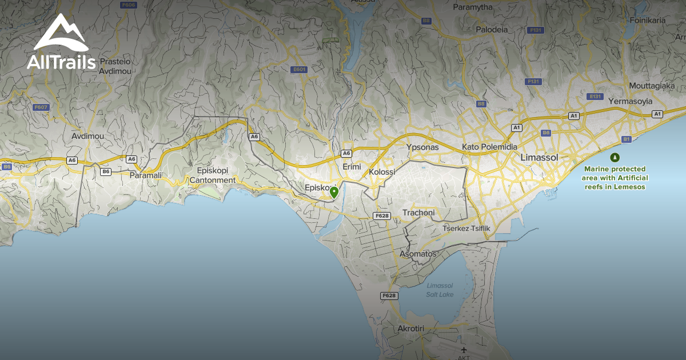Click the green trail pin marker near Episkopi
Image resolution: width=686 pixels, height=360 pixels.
pyautogui.click(x=334, y=192)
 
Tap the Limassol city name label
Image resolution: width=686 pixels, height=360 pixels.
pyautogui.click(x=540, y=157)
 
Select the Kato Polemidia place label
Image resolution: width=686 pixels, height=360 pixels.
pyautogui.click(x=489, y=147)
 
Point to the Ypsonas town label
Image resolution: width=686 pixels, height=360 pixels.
pyautogui.click(x=422, y=147)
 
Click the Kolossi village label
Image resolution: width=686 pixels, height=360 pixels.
pyautogui.click(x=382, y=171)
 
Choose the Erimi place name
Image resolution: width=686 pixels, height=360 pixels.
pyautogui.click(x=352, y=166)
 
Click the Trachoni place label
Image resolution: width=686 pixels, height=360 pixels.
pyautogui.click(x=418, y=213)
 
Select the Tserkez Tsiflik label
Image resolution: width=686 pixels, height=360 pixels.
pyautogui.click(x=466, y=229)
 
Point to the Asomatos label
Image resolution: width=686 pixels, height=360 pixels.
pyautogui.click(x=418, y=254)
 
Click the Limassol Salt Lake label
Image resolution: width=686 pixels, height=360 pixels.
pyautogui.click(x=440, y=290)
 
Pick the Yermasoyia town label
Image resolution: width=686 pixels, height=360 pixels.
pyautogui.click(x=631, y=101)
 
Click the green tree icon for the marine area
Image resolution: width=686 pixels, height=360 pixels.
pyautogui.click(x=615, y=157)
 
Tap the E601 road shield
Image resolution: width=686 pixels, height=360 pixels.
pyautogui.click(x=299, y=70)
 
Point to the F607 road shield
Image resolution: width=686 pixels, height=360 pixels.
pyautogui.click(x=41, y=107)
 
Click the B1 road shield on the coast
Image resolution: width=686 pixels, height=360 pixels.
pyautogui.click(x=627, y=139)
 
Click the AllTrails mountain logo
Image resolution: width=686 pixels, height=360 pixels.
pyautogui.click(x=61, y=35)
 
